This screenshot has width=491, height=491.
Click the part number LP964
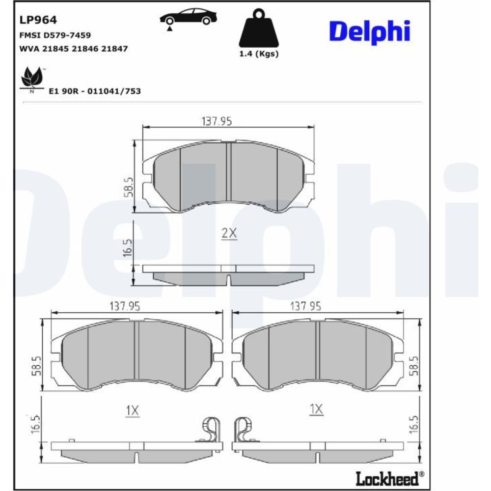[38, 20]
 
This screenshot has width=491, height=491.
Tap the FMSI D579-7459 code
[55, 35]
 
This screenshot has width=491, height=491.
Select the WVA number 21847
[114, 49]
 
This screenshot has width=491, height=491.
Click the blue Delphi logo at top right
[370, 32]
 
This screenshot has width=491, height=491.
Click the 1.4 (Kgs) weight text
[259, 54]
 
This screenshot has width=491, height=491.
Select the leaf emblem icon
[31, 78]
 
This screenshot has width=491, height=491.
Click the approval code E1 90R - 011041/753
[95, 91]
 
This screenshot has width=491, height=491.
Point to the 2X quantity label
[229, 233]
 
